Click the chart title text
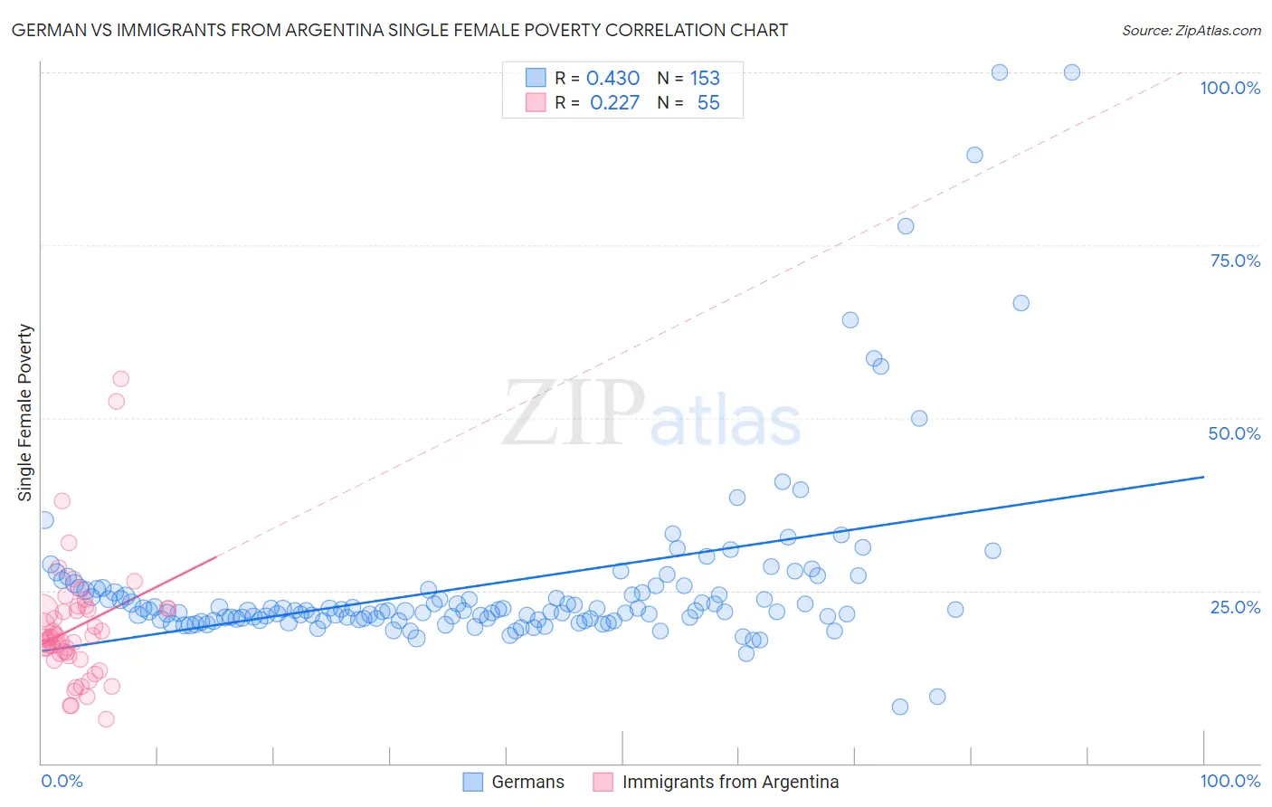click(399, 30)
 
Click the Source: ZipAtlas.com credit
click(1191, 30)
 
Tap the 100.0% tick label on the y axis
click(1229, 88)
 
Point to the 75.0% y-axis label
click(1235, 261)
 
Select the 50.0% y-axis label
click(1234, 433)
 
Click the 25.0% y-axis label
click(1235, 606)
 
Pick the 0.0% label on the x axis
click(62, 781)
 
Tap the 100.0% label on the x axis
click(1229, 781)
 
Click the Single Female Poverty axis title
click(25, 413)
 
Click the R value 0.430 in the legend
click(612, 78)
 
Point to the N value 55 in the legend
click(708, 103)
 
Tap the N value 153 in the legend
click(705, 78)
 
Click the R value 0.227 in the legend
click(614, 103)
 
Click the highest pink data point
click(120, 379)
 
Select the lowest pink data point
click(106, 719)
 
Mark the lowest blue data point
click(899, 707)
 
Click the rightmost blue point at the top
click(1071, 72)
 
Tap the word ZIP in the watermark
click(573, 414)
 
